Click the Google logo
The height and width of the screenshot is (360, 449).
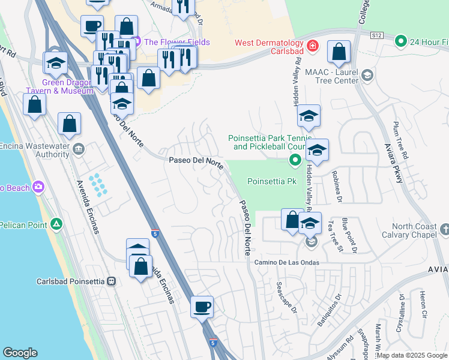pyautogui.click(x=20, y=353)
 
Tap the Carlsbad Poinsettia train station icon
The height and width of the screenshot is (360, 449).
pyautogui.click(x=110, y=281)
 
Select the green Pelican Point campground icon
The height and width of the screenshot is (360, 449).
pyautogui.click(x=56, y=224)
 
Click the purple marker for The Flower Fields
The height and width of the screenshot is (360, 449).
pyautogui.click(x=136, y=42)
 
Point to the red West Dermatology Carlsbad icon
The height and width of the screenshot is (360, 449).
pyautogui.click(x=312, y=46)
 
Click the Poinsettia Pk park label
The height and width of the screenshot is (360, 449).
pyautogui.click(x=273, y=181)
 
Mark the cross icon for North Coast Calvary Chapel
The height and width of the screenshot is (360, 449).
pyautogui.click(x=444, y=229)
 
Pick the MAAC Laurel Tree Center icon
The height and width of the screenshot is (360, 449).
pyautogui.click(x=367, y=75)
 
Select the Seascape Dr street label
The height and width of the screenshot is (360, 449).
pyautogui.click(x=286, y=298)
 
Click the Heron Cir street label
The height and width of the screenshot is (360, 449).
pyautogui.click(x=424, y=307)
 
